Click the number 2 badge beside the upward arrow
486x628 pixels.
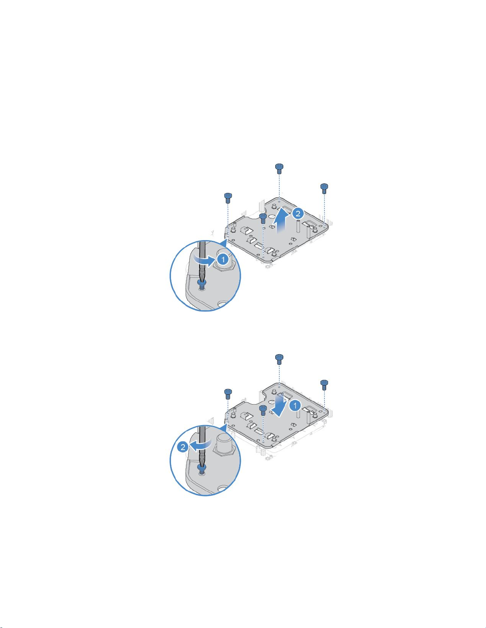click(x=298, y=214)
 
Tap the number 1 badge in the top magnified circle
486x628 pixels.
click(x=223, y=259)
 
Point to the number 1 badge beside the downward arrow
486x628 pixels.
click(x=295, y=406)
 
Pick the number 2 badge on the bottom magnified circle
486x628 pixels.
click(x=183, y=447)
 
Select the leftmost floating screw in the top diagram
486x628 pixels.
click(x=228, y=199)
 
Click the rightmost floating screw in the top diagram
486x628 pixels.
click(x=324, y=189)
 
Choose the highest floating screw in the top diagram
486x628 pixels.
click(x=279, y=168)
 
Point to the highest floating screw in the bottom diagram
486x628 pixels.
click(x=279, y=359)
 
